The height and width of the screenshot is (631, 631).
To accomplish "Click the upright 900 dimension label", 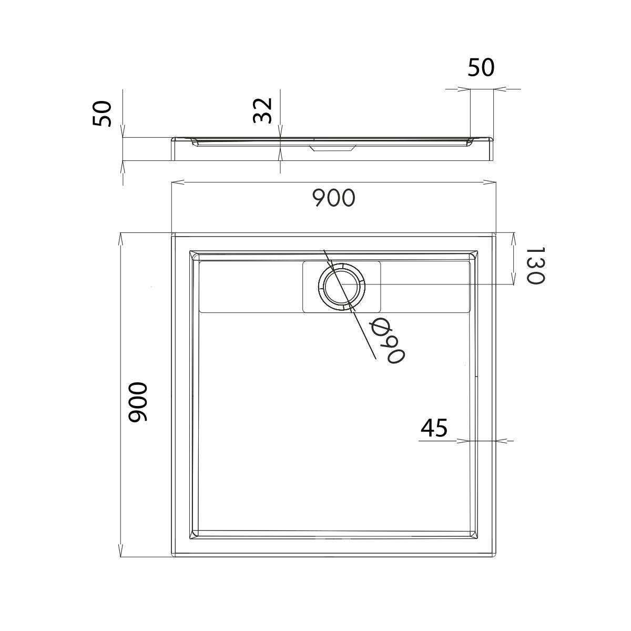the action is tap(333, 198).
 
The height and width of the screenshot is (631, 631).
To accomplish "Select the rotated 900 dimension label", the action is tap(138, 402).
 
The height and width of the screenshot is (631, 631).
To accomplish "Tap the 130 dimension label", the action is tap(535, 266).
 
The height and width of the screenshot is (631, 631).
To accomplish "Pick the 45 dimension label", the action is tap(434, 428).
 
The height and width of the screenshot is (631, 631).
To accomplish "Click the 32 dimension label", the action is tap(262, 110).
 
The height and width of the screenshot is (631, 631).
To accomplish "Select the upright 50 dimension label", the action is tap(481, 68).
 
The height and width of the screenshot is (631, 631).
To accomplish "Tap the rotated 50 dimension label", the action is tap(102, 114).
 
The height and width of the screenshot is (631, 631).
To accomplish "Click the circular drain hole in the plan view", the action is tap(341, 285).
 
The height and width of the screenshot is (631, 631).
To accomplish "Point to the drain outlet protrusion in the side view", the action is tap(332, 148).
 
